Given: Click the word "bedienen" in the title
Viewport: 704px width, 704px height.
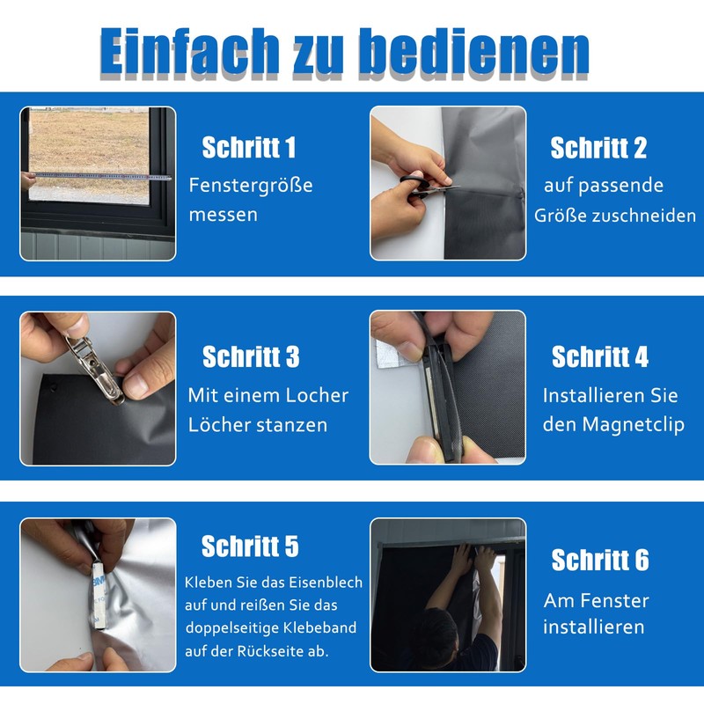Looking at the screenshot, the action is [x=475, y=52].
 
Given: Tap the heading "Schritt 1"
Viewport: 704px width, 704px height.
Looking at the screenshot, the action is [x=249, y=147].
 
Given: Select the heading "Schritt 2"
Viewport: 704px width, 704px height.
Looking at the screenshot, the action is [x=598, y=148].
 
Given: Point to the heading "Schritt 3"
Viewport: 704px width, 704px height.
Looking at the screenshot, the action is [x=251, y=357].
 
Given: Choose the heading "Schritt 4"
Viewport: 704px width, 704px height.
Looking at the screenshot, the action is [x=600, y=357].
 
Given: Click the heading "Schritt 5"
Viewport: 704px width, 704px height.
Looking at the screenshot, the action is [x=250, y=546].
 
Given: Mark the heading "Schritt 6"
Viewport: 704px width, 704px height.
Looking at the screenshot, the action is [x=600, y=560].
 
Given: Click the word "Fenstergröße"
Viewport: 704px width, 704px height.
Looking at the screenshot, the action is [x=251, y=186].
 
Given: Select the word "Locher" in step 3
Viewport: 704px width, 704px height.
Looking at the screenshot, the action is [x=317, y=395].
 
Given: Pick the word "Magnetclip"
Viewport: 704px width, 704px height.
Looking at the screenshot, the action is [x=634, y=425].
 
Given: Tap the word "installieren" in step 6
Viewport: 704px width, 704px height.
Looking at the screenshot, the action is [x=593, y=627].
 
